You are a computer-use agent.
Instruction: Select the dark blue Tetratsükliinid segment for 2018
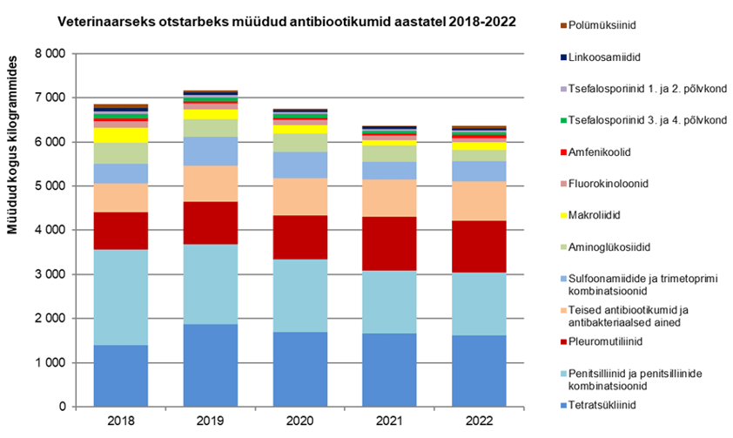[x=121, y=375]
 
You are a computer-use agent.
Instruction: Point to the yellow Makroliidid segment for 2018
[x=121, y=135]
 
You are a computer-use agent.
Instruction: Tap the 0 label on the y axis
[x=61, y=407]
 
